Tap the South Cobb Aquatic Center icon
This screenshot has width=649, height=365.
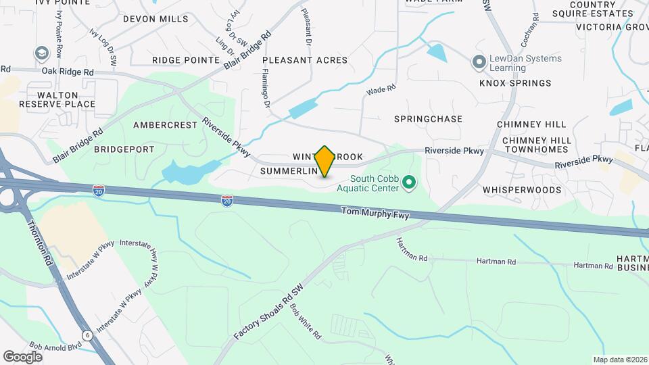pyautogui.click(x=408, y=182)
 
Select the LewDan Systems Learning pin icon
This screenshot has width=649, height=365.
pyautogui.click(x=479, y=63)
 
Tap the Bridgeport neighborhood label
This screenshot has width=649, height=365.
pyautogui.click(x=124, y=149)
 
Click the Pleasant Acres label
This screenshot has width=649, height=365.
pyautogui.click(x=305, y=60)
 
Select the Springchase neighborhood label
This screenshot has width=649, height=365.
pyautogui.click(x=429, y=119)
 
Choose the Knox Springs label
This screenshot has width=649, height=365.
pyautogui.click(x=515, y=83)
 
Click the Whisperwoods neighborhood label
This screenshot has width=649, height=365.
pyautogui.click(x=522, y=190)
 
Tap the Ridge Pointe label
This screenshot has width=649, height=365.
pyautogui.click(x=186, y=60)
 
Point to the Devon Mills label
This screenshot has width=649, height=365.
pyautogui.click(x=156, y=19)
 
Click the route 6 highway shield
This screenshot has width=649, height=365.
pyautogui.click(x=88, y=335)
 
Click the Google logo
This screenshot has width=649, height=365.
pyautogui.click(x=22, y=357)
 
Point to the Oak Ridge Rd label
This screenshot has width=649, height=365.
pyautogui.click(x=67, y=72)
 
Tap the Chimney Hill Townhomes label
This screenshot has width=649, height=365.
pyautogui.click(x=537, y=145)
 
